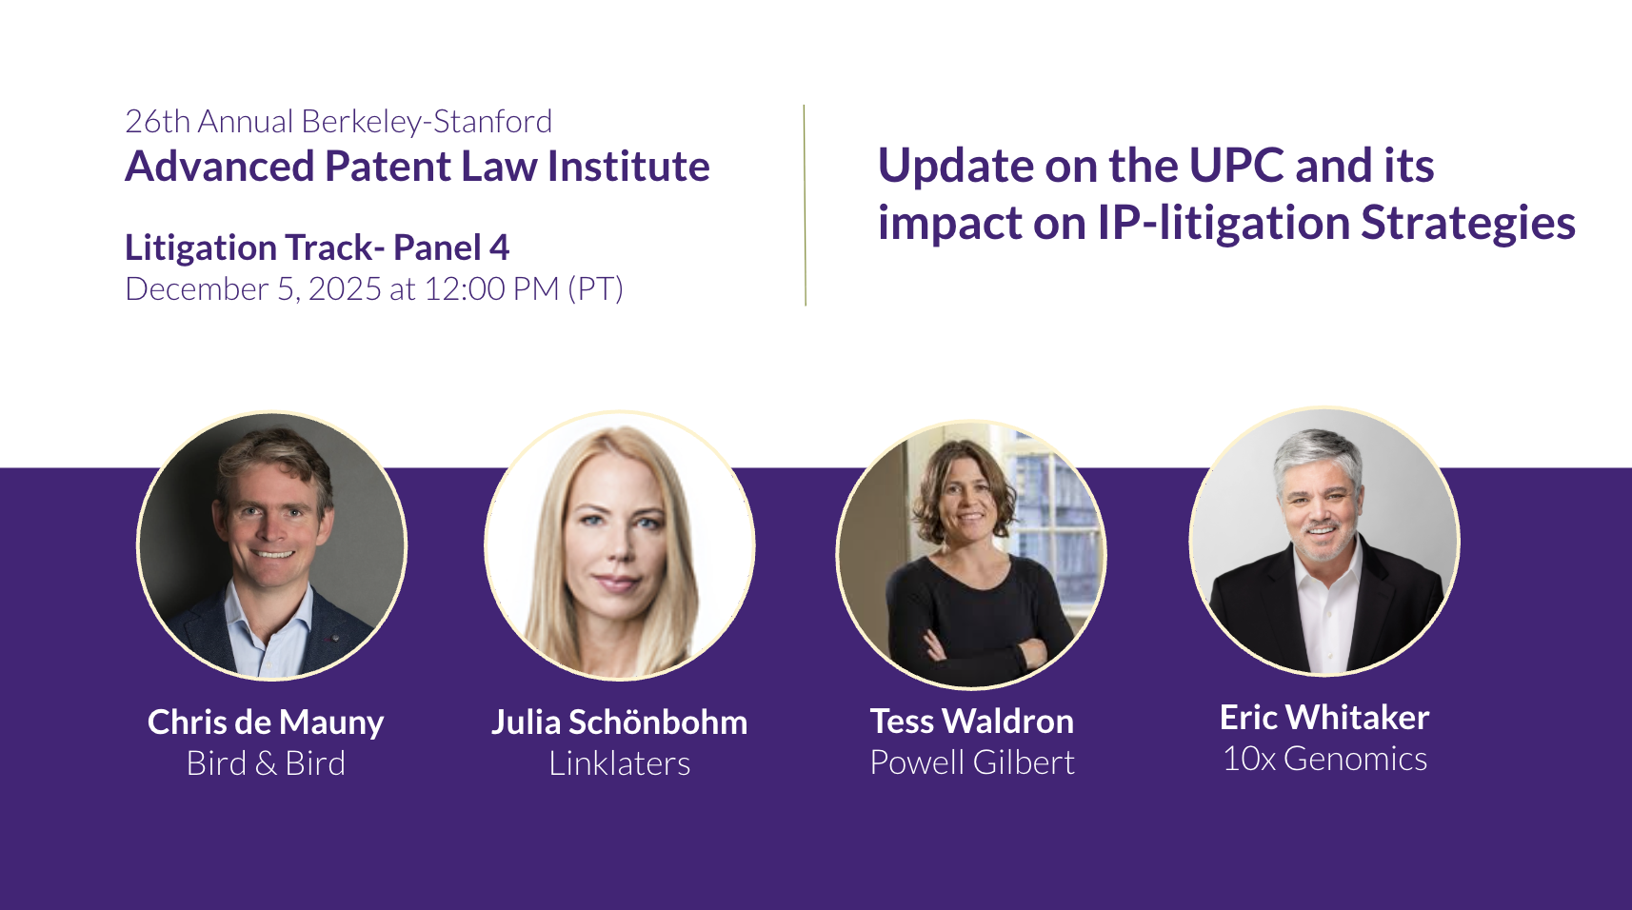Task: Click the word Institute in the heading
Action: coord(628,167)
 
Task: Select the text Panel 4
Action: coord(451,247)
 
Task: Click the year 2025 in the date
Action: coord(345,289)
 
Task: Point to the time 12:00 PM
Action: coord(491,289)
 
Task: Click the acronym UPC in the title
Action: coord(1237,166)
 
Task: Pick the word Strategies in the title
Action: coord(1468,224)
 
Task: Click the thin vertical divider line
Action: coord(806,206)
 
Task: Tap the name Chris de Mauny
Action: coord(266,722)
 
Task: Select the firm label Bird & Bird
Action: coord(266,763)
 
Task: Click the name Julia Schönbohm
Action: coord(619,722)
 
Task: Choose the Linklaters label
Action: coord(619,763)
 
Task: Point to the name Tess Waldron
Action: coord(972,722)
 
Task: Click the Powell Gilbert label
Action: coord(972,762)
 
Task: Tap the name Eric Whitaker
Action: coord(1324,718)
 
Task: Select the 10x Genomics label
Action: coord(1324,760)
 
